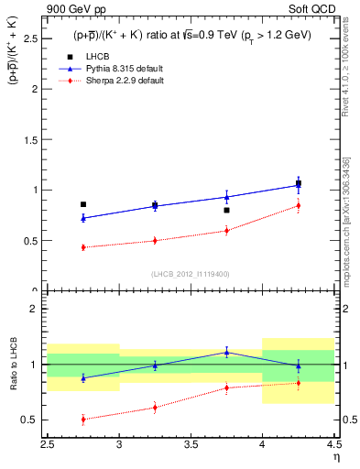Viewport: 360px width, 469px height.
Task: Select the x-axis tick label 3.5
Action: pyautogui.click(x=191, y=444)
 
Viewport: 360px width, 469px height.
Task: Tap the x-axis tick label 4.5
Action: pyautogui.click(x=333, y=444)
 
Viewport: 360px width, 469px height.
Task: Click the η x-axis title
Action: pyautogui.click(x=336, y=455)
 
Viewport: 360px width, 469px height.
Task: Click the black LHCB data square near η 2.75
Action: pyautogui.click(x=83, y=204)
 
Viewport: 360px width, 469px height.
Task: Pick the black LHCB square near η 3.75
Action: pyautogui.click(x=226, y=210)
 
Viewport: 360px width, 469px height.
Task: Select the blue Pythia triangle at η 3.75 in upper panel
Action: pyautogui.click(x=226, y=197)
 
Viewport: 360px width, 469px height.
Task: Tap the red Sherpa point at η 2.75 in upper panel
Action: pyautogui.click(x=83, y=247)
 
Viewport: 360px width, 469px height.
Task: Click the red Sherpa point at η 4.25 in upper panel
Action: pyautogui.click(x=298, y=205)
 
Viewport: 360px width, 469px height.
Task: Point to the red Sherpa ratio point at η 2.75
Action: pyautogui.click(x=83, y=420)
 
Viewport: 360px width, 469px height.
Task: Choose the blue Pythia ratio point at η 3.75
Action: pyautogui.click(x=226, y=352)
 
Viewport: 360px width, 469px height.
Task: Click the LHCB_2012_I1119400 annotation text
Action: pyautogui.click(x=190, y=274)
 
